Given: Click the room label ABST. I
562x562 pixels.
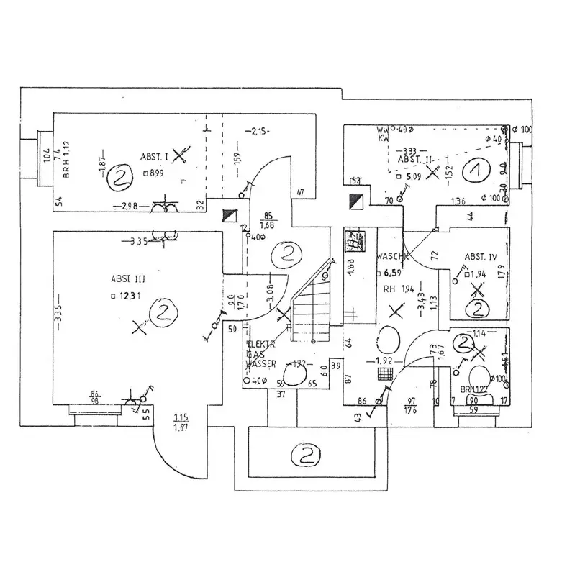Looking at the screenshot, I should [x=154, y=156].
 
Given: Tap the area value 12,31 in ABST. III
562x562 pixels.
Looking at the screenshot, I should [x=130, y=295].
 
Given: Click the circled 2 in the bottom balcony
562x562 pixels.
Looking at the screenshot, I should [x=305, y=455].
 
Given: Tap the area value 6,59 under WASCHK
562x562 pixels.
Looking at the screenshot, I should [x=391, y=273].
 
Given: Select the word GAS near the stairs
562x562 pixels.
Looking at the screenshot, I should [x=255, y=355].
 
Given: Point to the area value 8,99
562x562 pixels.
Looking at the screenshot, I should [x=155, y=173].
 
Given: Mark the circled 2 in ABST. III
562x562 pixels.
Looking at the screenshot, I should [x=162, y=311].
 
